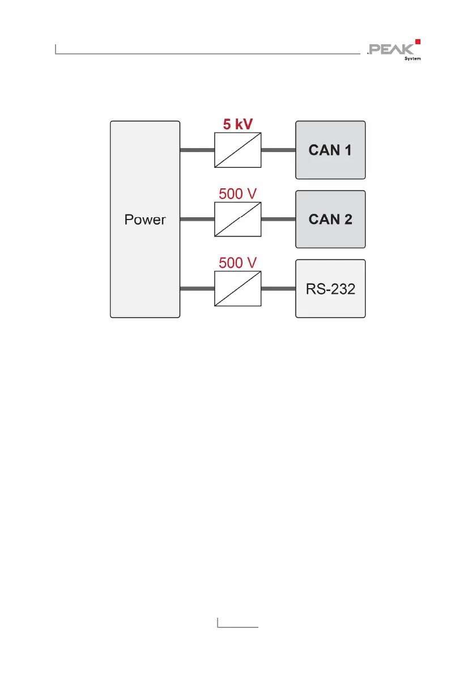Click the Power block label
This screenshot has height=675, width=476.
point(145,220)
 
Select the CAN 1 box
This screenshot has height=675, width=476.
point(330,150)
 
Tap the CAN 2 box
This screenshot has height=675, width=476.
point(330,219)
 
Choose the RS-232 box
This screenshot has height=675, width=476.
point(330,289)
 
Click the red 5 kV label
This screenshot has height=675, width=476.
point(237,124)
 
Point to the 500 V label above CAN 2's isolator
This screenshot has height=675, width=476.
point(238,193)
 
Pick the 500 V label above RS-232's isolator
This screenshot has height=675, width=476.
point(238,263)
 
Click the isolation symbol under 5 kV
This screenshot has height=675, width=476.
point(237,150)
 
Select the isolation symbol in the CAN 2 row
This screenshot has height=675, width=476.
point(237,219)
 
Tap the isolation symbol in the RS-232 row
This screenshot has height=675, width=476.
point(237,289)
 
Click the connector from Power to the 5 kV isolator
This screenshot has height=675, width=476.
point(197,150)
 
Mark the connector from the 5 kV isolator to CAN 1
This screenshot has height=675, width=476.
point(278,150)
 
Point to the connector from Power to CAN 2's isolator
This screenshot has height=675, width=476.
point(197,219)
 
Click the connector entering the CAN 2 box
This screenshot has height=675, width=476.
point(278,219)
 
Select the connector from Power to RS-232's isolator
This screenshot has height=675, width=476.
point(197,289)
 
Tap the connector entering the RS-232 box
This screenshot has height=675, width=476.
point(278,289)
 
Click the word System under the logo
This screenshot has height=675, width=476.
point(412,58)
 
